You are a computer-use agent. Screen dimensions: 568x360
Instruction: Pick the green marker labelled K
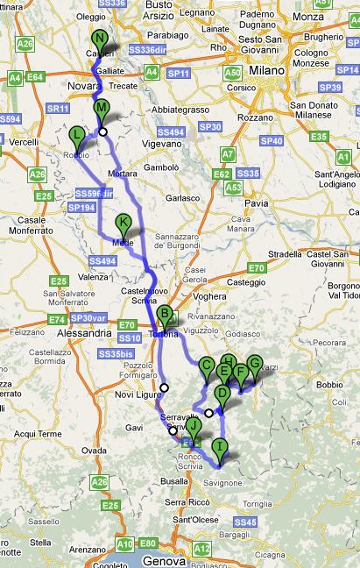tap(124, 223)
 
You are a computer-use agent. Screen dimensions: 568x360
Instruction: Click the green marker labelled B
tap(164, 314)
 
